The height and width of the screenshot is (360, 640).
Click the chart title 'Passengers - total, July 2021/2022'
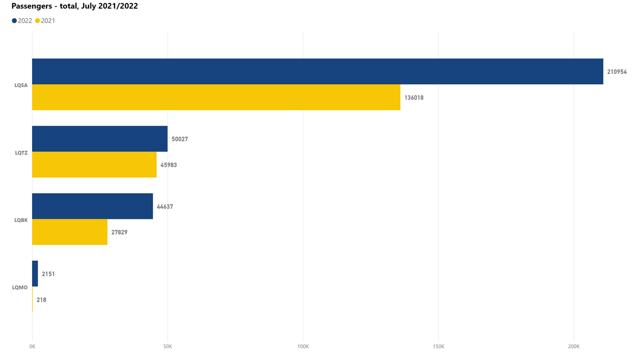[x=74, y=6]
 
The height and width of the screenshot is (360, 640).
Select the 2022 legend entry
[x=21, y=21]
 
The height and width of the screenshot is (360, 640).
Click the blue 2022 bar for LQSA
[x=317, y=71]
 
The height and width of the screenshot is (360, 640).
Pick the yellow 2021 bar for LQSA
[x=216, y=97]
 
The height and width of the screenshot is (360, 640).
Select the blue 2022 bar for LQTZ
[x=100, y=139]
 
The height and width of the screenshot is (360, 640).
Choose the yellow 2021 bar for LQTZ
[x=94, y=165]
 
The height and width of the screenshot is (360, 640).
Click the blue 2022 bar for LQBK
[x=92, y=206]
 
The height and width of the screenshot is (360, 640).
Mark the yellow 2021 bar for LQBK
[x=70, y=232]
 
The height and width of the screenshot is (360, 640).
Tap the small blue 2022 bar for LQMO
[x=35, y=274]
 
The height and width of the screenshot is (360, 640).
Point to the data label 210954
[x=617, y=72]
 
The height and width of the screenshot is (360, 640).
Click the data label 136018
[x=414, y=98]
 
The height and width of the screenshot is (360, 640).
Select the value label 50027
[x=180, y=139]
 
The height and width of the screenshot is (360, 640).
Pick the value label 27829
[x=119, y=232]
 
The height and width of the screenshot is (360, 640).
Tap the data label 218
[x=41, y=300]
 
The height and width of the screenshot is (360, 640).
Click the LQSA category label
[x=21, y=85]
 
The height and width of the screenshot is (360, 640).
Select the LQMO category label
[x=20, y=287]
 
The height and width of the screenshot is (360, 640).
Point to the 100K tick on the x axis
[x=303, y=346]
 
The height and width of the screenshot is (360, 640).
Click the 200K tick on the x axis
[x=574, y=346]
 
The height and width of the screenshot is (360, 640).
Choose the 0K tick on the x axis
[x=32, y=346]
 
